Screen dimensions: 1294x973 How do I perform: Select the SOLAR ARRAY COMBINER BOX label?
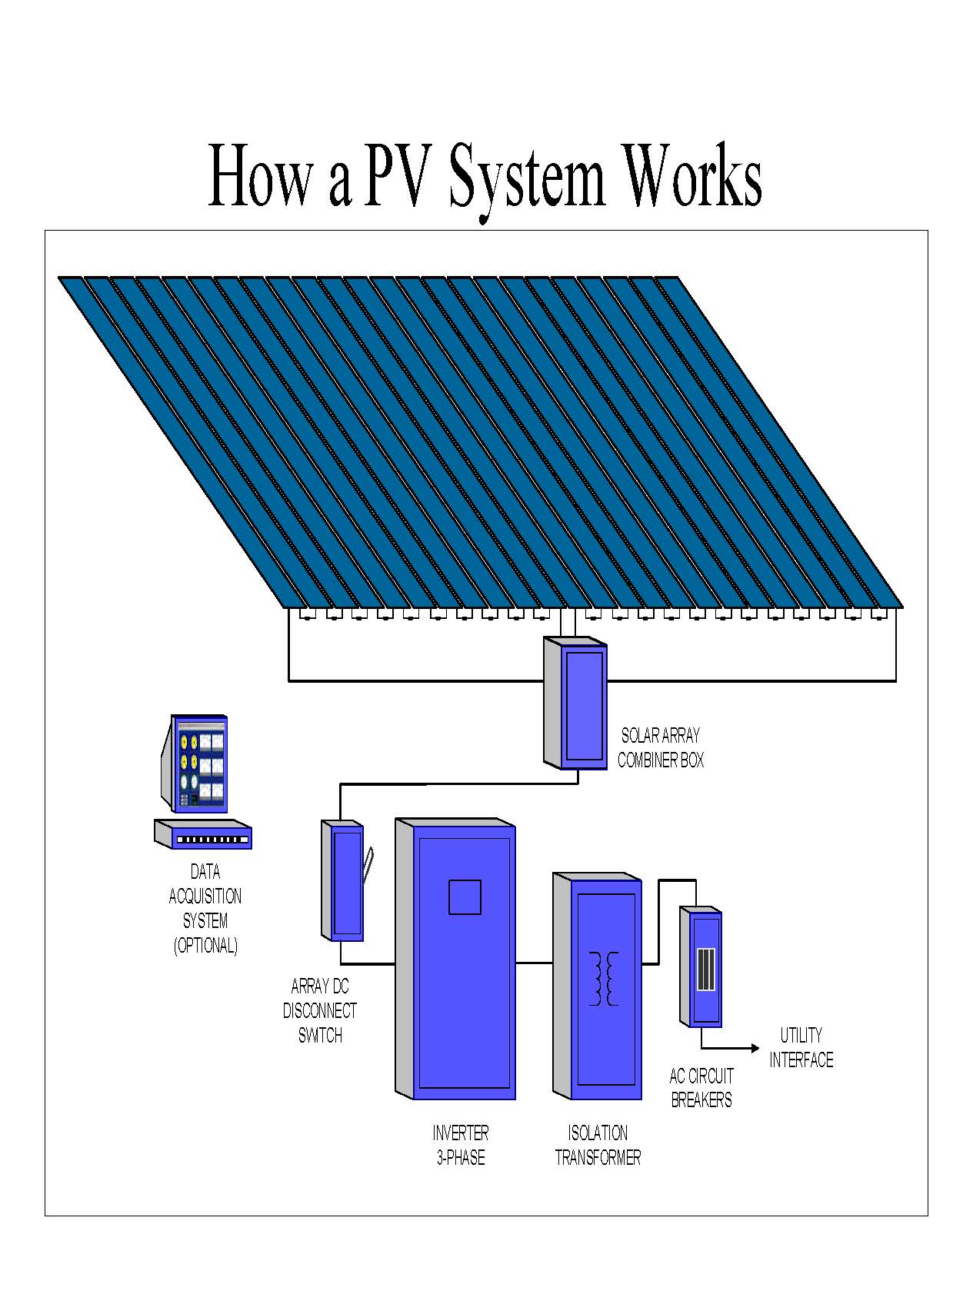660,748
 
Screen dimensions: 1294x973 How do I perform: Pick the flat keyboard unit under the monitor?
204,834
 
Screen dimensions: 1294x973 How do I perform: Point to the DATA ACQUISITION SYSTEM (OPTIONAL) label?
205,908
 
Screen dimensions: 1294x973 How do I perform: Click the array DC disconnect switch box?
343,881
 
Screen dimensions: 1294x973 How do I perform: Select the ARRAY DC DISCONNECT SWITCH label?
320,1010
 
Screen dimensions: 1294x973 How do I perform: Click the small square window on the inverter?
465,896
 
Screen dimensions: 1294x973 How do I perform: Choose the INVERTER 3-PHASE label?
461,1145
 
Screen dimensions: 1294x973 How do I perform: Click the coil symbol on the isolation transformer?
604,978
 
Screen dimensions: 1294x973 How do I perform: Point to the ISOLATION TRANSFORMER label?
598,1145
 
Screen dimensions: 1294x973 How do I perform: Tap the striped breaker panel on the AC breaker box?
705,970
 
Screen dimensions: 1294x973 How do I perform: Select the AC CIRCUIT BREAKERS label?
701,1087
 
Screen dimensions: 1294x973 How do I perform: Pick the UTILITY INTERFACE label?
801,1047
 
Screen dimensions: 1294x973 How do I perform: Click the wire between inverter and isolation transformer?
534,962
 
